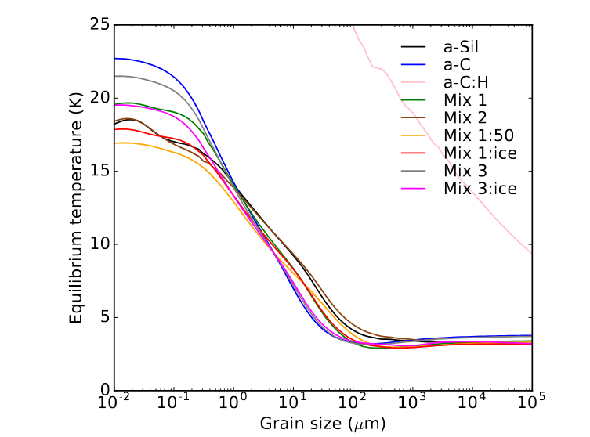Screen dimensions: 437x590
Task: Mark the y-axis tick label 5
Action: pyautogui.click(x=102, y=317)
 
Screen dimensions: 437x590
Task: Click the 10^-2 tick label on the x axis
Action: pyautogui.click(x=114, y=405)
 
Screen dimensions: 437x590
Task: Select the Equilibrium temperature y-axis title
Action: pyautogui.click(x=75, y=208)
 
